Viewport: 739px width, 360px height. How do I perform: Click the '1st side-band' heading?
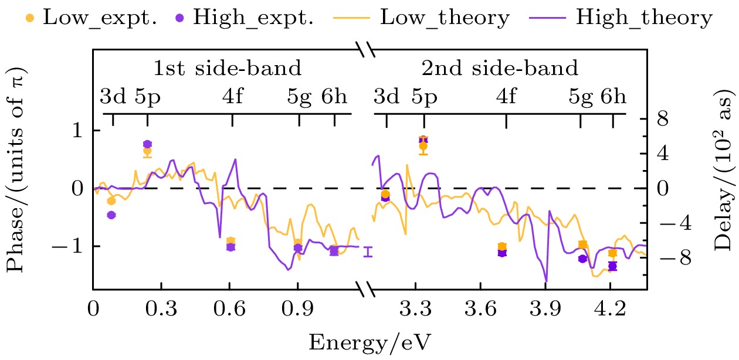point(228,69)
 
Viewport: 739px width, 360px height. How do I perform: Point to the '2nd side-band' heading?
point(500,69)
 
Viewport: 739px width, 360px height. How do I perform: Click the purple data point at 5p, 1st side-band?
point(147,144)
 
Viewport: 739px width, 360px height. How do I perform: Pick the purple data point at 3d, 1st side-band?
point(111,215)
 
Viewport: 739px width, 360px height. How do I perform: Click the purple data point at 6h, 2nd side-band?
point(613,266)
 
